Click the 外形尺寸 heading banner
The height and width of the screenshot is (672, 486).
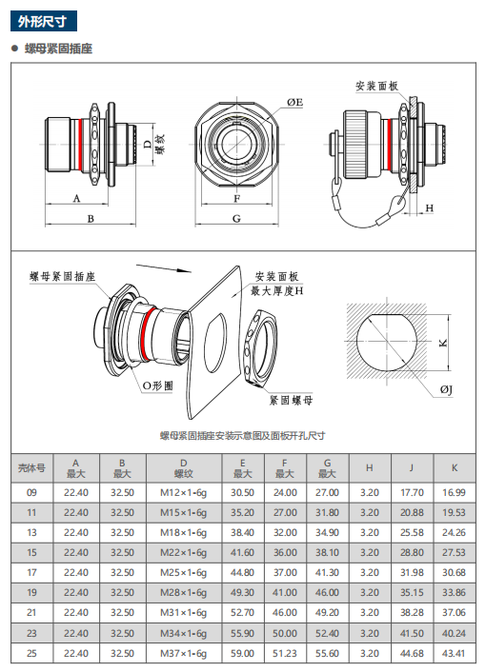pos(43,21)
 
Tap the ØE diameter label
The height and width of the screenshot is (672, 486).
pos(294,103)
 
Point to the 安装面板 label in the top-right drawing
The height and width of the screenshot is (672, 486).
pos(376,87)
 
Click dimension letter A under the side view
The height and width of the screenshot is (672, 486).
pos(76,198)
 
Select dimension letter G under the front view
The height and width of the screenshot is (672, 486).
pos(236,219)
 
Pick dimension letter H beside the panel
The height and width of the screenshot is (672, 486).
pos(430,208)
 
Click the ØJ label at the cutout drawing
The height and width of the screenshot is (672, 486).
pos(446,389)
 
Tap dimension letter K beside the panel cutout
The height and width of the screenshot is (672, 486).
pos(443,343)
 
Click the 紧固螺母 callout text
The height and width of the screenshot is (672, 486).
pos(292,401)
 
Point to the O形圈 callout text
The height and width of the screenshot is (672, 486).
pos(157,385)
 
